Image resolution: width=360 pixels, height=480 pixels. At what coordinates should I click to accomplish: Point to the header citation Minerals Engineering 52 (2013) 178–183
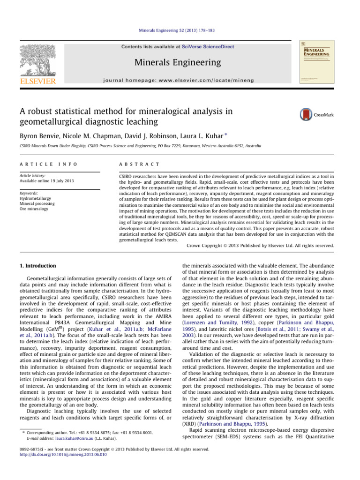[x=180, y=31]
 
